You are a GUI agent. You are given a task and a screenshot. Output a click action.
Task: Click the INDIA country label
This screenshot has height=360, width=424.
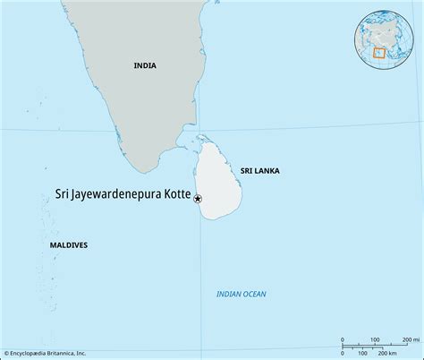(x=144, y=65)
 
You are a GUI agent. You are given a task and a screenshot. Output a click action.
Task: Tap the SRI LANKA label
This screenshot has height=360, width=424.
(x=260, y=168)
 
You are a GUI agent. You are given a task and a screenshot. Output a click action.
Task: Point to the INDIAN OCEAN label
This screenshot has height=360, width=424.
(x=242, y=294)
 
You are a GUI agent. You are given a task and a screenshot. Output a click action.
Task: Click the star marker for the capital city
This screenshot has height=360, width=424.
(x=198, y=199)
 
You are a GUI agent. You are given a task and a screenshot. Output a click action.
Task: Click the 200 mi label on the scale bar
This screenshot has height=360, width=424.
(x=410, y=339)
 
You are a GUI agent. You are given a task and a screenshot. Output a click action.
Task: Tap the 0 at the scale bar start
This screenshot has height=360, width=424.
(x=343, y=340)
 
